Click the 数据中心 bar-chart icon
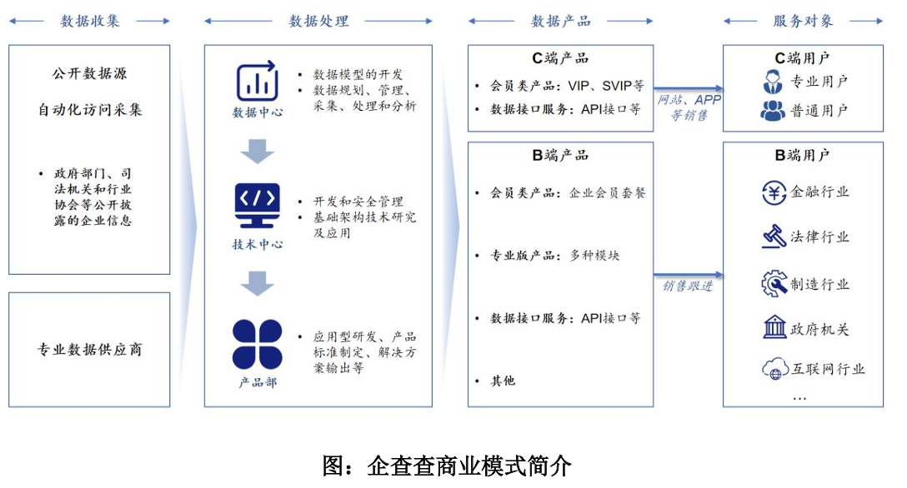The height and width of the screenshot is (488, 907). (257, 82)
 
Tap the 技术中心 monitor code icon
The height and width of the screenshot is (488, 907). (257, 207)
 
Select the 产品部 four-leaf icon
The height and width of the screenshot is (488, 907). (257, 345)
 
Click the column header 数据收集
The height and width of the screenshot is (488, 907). (90, 21)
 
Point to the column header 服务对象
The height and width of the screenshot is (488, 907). (803, 21)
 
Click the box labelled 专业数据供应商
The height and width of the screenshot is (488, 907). (89, 350)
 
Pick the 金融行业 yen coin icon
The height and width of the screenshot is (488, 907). (774, 192)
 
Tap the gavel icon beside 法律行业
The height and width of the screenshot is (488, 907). (774, 237)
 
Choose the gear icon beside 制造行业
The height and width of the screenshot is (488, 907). (774, 283)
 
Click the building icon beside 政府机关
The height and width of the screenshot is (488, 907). (774, 328)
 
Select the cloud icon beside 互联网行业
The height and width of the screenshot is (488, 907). (774, 370)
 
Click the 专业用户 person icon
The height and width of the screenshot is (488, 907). (773, 82)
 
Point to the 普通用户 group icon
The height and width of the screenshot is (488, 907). (773, 110)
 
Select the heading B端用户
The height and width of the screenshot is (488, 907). (802, 155)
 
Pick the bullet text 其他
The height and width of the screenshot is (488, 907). (503, 381)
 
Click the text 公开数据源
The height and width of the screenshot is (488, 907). (89, 73)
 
